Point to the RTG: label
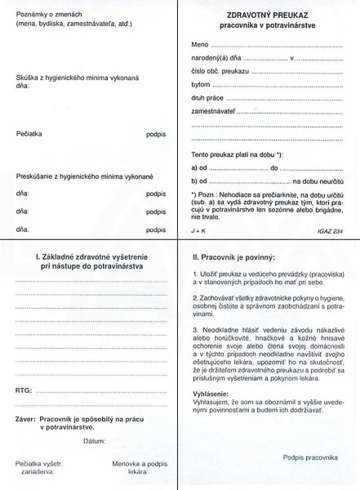[x=24, y=391]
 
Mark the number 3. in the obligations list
[x=195, y=327]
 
